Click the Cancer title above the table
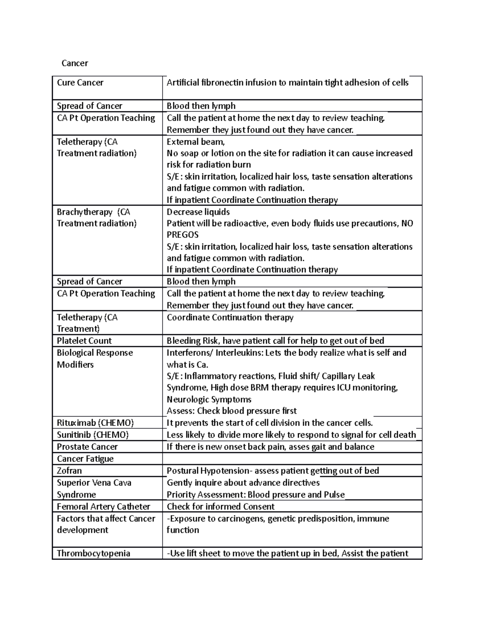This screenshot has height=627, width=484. click(x=75, y=63)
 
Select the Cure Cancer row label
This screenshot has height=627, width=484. click(x=80, y=83)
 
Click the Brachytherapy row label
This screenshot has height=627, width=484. click(x=84, y=212)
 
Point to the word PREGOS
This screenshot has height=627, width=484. click(x=182, y=235)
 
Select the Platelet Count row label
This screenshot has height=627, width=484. click(x=84, y=341)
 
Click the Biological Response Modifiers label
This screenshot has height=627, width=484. click(x=95, y=359)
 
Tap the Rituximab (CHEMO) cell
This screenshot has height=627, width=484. click(x=95, y=423)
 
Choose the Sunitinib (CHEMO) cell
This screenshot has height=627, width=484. click(x=93, y=435)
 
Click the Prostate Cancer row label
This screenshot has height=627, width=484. click(x=87, y=447)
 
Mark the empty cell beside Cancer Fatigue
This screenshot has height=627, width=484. click(x=292, y=459)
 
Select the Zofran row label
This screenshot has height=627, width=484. click(x=69, y=471)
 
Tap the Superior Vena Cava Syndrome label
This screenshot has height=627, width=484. click(x=94, y=489)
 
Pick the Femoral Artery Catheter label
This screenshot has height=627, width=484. click(x=103, y=507)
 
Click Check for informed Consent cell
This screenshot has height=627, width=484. click(x=220, y=507)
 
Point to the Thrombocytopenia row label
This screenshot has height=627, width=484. click(x=93, y=554)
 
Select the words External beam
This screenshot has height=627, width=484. click(x=195, y=142)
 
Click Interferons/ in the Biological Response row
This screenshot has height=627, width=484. click(x=190, y=353)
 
